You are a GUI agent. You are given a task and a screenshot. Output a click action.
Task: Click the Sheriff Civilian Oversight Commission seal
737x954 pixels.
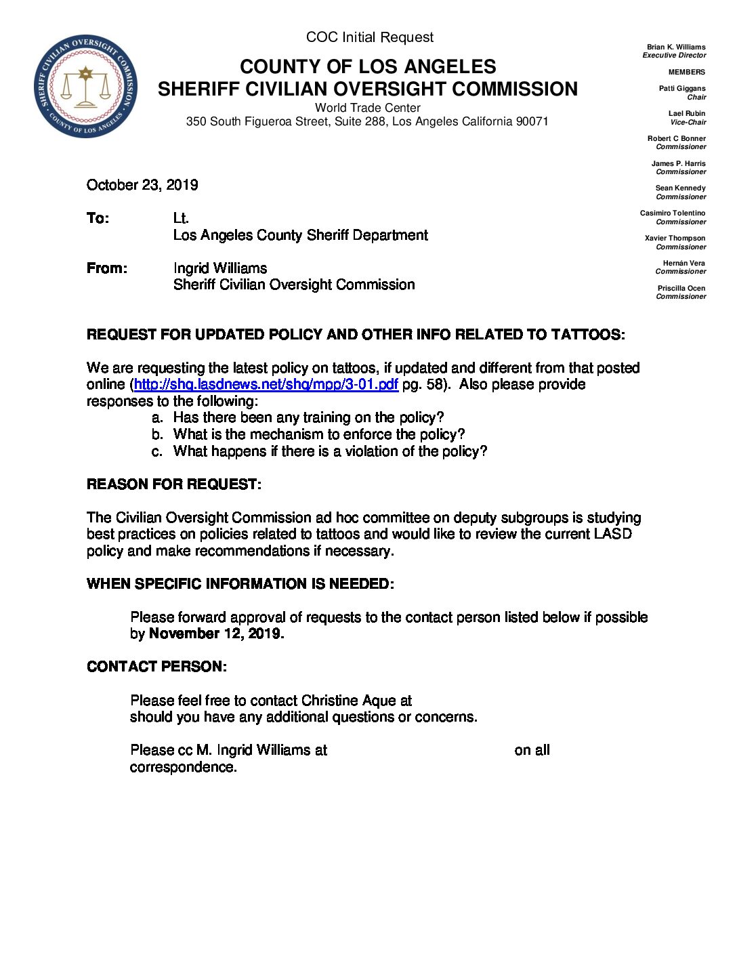(85, 86)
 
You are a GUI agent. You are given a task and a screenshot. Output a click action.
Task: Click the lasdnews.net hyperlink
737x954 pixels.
(266, 385)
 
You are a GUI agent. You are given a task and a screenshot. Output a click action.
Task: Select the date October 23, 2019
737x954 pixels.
(142, 185)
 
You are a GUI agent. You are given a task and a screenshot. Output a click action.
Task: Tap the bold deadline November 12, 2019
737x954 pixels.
(216, 634)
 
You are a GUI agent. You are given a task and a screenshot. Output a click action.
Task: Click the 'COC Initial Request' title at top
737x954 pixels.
(369, 37)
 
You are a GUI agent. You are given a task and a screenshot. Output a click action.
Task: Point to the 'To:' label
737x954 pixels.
(98, 218)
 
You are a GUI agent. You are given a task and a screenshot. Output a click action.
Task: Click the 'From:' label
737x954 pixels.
(106, 268)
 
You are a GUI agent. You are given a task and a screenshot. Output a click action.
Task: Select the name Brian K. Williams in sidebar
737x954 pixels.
(675, 47)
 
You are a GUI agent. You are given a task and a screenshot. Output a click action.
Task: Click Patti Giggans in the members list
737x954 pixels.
(681, 89)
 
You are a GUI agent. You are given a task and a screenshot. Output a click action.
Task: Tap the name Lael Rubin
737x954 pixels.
(686, 114)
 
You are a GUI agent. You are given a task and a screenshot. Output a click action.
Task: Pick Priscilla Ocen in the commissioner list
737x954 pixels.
(681, 289)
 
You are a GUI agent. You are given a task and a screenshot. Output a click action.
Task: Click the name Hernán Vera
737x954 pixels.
(683, 264)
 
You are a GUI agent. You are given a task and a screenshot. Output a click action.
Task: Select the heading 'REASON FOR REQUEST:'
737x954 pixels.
(173, 484)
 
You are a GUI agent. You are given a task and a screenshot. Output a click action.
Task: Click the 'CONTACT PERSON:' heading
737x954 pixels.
(156, 667)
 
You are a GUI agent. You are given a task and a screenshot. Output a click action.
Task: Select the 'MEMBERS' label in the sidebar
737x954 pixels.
(686, 72)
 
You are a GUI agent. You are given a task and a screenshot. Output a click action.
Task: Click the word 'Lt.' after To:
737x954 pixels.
(181, 218)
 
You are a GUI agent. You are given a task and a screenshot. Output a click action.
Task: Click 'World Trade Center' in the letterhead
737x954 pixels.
(367, 108)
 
